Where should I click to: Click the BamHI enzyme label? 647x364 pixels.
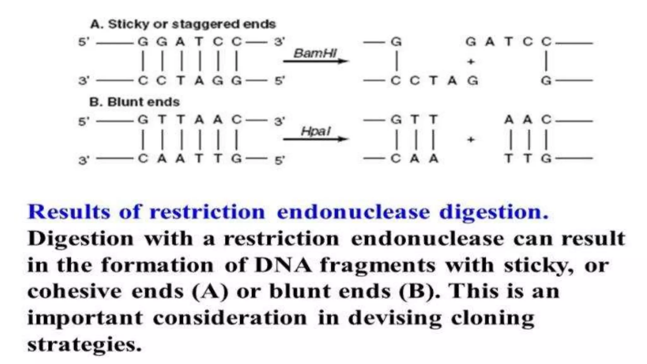coord(315,53)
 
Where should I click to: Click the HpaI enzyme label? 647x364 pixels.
coord(315,131)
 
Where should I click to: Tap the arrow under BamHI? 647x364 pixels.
coord(315,61)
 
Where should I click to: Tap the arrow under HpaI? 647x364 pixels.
coord(315,139)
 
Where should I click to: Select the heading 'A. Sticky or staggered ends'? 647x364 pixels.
coord(183,24)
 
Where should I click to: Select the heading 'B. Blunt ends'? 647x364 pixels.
coord(134,102)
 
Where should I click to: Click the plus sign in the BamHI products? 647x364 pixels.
coord(471,62)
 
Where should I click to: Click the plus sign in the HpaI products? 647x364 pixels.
coord(471,139)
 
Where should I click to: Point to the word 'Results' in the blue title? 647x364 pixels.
coord(69,212)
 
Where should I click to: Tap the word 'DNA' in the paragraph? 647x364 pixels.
coord(283,265)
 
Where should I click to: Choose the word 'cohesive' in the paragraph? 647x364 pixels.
coord(75,291)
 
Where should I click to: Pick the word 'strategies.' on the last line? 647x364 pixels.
coord(84,345)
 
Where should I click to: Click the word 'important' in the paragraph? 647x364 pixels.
coord(85,318)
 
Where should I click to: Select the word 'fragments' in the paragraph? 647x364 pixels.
coord(378,265)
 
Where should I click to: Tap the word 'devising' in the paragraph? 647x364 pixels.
coord(395,318)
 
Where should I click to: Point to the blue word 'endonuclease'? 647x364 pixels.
coord(353,212)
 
